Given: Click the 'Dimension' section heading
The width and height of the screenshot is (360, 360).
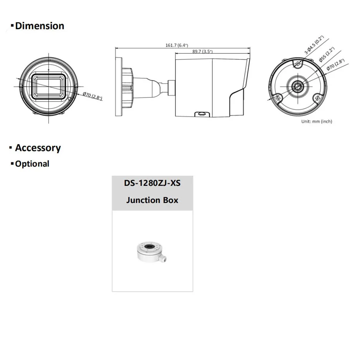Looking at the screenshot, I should [40, 26].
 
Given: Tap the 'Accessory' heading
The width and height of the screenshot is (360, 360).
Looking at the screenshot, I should [38, 148].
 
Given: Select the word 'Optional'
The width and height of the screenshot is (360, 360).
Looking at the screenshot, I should [32, 164].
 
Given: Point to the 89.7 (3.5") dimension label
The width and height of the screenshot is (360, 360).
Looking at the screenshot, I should [202, 51].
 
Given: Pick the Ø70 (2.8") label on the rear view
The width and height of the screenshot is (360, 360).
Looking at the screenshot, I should [335, 66].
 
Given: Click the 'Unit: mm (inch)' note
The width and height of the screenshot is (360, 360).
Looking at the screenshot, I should [317, 121].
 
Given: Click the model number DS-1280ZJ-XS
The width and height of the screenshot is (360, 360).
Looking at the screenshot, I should [152, 183].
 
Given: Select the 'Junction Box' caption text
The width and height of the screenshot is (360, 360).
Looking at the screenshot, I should [152, 200].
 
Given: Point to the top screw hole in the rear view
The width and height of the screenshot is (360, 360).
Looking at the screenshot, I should [297, 64].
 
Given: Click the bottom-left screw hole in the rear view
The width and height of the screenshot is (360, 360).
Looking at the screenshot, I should [279, 98].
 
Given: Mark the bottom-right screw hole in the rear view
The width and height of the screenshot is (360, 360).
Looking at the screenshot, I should [317, 98].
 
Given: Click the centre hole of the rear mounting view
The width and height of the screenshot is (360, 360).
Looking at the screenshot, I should [297, 87].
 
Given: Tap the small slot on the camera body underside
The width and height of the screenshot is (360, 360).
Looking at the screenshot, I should [201, 114].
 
